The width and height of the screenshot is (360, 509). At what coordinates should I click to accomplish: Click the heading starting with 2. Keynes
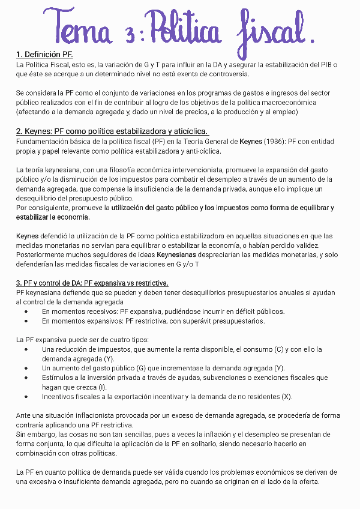tap(112, 131)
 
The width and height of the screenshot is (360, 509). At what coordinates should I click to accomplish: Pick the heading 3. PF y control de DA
tap(92, 283)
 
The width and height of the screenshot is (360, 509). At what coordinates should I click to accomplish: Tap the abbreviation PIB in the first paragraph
tap(329, 64)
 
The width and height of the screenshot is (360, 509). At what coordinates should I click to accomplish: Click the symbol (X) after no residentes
tap(287, 397)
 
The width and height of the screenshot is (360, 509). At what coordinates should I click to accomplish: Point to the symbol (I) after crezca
tap(102, 387)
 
